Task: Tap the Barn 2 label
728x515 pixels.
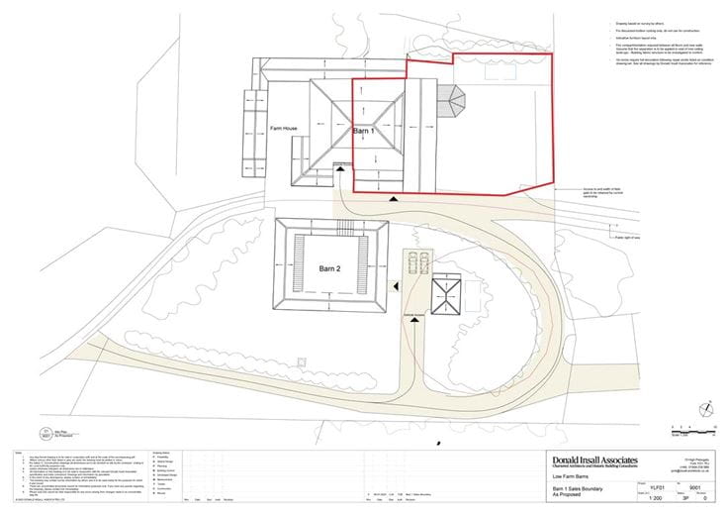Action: [329, 268]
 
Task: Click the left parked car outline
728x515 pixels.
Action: [412, 262]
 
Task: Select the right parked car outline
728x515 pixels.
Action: [424, 262]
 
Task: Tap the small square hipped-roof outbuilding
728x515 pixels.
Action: [447, 294]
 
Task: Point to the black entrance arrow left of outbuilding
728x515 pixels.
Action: [396, 286]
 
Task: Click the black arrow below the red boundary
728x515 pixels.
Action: [395, 200]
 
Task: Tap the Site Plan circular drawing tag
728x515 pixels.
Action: [45, 432]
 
